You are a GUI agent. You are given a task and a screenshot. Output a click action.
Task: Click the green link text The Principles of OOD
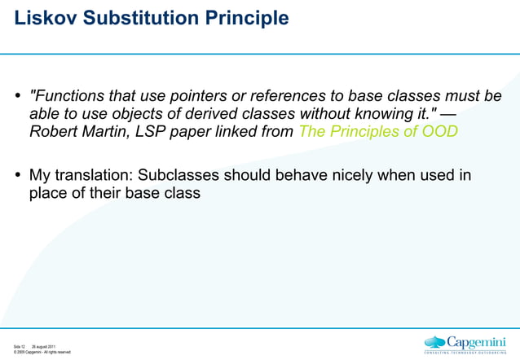(x=378, y=131)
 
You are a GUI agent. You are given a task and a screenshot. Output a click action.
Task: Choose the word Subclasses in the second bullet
(x=178, y=175)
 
